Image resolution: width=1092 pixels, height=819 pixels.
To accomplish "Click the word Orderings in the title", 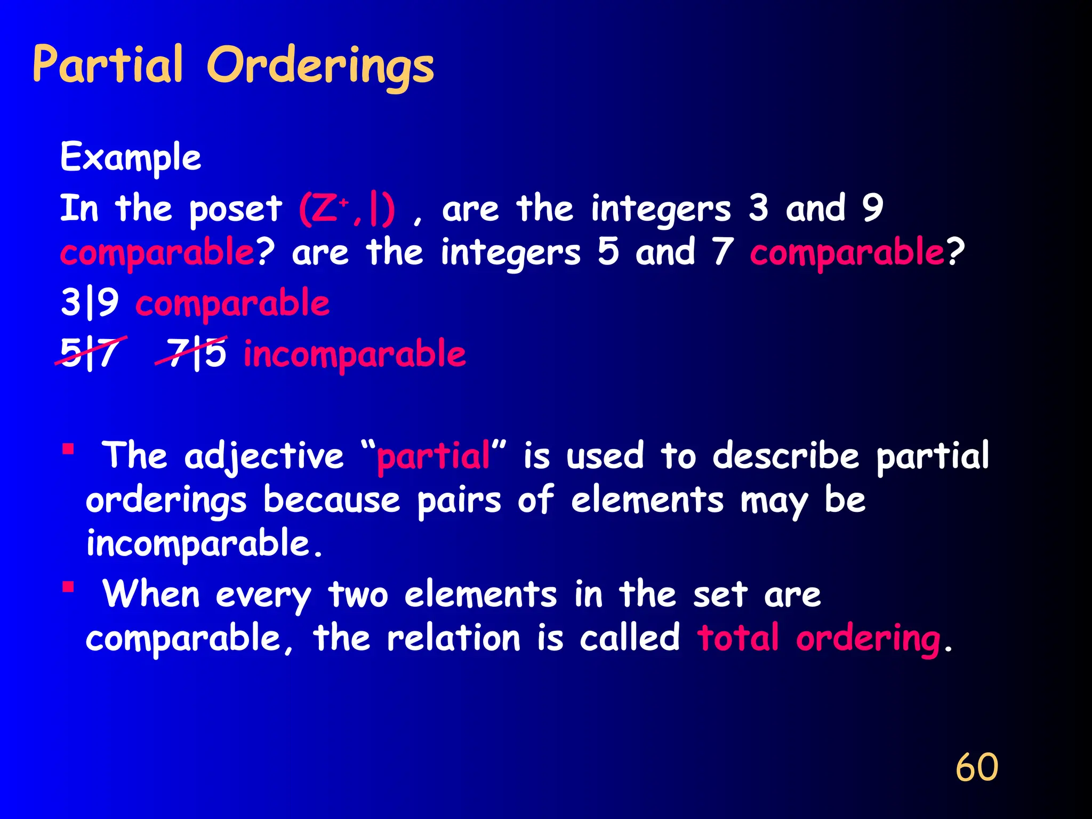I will tap(320, 67).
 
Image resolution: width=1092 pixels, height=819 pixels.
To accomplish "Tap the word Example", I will tap(131, 157).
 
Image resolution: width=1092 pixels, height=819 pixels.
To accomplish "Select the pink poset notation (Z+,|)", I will tap(347, 209).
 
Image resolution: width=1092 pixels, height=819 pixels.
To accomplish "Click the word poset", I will tap(235, 210).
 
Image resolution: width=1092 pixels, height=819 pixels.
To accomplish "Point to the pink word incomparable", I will tap(355, 354).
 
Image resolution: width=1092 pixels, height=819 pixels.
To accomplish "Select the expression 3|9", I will tap(90, 302).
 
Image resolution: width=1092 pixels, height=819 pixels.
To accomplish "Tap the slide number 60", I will tap(976, 767).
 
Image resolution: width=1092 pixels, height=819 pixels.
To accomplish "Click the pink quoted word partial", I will tap(433, 456).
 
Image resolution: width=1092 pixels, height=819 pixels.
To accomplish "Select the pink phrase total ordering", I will tap(819, 638).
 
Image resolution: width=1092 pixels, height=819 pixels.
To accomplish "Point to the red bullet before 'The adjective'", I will tap(68, 448).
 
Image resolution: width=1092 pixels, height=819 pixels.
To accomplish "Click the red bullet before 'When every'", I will tap(68, 587).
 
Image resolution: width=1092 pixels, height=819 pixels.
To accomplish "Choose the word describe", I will tap(786, 456).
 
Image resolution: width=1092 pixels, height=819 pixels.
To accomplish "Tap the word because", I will tap(331, 500).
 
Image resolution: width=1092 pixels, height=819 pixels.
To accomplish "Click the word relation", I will tap(453, 638).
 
